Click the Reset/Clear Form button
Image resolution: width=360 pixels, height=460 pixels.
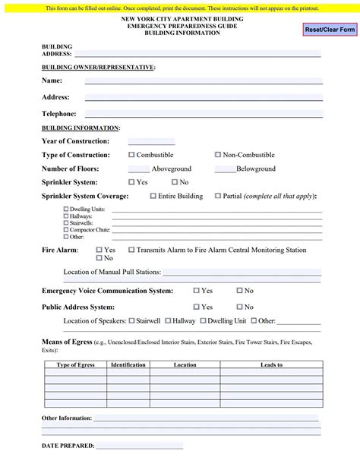point(329,29)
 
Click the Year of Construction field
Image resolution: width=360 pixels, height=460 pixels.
point(151,141)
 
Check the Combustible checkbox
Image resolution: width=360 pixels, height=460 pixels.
point(131,155)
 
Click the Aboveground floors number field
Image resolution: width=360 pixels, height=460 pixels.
point(138,169)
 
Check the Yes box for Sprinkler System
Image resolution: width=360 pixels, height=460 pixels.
point(131,182)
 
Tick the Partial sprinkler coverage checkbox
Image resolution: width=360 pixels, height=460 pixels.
point(218,196)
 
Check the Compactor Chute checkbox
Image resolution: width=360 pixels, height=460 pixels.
point(66,229)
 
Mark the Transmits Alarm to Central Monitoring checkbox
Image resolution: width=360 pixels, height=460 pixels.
point(131,250)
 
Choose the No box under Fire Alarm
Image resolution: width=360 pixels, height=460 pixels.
point(99,258)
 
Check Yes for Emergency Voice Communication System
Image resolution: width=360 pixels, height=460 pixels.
point(196,291)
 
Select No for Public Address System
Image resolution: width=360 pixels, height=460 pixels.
point(239,307)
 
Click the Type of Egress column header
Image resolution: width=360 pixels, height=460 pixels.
point(76,365)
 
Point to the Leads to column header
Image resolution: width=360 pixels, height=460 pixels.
point(271,365)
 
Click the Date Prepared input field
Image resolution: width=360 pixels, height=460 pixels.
point(140,446)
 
